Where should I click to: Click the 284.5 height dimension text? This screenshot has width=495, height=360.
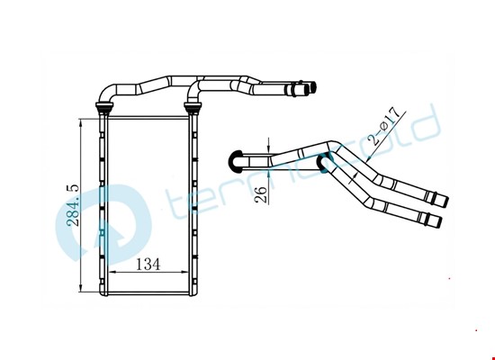[x=73, y=205]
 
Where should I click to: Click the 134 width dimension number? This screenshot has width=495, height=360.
[x=148, y=264]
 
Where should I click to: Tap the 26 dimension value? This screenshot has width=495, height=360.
[x=261, y=194]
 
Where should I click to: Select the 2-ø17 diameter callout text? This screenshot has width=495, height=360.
[x=385, y=126]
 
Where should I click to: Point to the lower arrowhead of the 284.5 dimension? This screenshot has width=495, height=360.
[x=81, y=287]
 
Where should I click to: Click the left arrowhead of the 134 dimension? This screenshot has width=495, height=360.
[x=113, y=272]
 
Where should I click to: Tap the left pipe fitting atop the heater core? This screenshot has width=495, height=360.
[x=104, y=107]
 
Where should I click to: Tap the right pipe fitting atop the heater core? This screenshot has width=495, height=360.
[x=193, y=107]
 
